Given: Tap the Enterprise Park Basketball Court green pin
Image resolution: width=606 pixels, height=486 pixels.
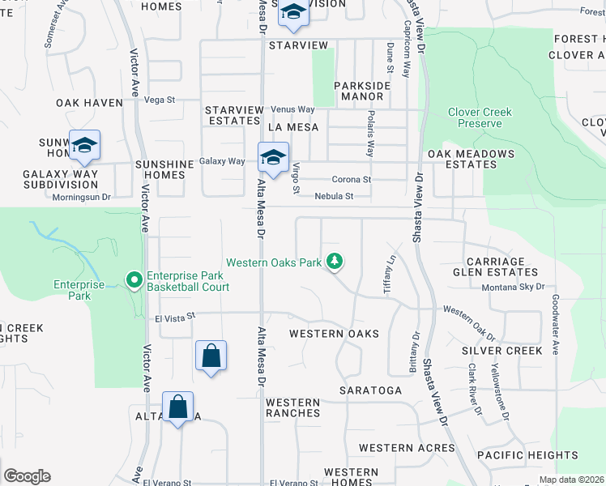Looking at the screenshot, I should point(134,280).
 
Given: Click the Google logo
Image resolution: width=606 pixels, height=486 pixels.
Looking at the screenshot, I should point(28,476).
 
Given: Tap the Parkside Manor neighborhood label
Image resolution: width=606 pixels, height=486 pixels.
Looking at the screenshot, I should point(362,90).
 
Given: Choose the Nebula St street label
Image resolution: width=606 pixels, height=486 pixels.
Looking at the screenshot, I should point(335,196).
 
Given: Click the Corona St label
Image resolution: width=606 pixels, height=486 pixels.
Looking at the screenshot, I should point(352,180).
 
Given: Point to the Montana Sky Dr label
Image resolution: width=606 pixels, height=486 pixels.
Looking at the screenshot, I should point(514,287).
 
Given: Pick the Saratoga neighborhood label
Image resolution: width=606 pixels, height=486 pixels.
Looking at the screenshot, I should point(370,390).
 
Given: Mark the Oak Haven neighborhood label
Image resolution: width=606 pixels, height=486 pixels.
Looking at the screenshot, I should point(89,103).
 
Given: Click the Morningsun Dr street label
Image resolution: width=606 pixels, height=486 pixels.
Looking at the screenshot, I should point(81,196).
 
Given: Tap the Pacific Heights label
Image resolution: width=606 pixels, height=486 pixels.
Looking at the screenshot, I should point(527,455).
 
